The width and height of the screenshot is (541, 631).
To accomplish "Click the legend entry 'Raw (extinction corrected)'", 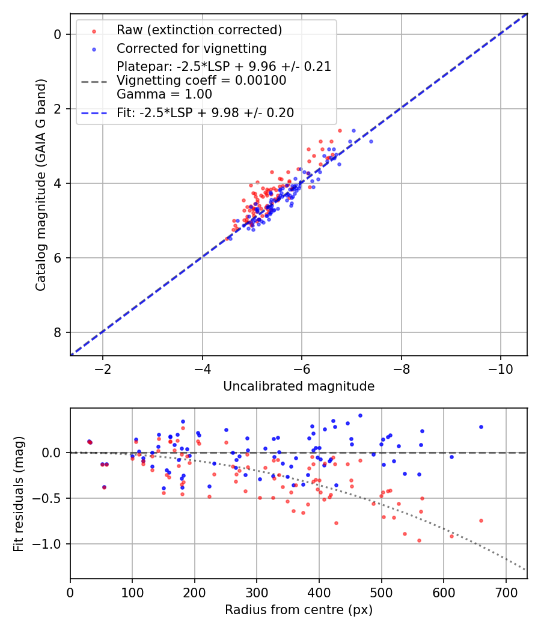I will [199, 30].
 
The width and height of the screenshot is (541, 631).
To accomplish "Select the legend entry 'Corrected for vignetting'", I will [192, 48].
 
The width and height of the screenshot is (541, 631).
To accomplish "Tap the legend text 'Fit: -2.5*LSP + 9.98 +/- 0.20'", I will [205, 113].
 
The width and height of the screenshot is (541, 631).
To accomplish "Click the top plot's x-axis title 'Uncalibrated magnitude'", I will [299, 386].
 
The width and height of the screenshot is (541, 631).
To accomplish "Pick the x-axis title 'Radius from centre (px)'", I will [299, 610].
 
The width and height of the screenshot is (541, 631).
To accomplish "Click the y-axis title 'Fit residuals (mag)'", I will [19, 493].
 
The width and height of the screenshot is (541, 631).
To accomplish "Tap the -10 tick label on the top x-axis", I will [500, 368].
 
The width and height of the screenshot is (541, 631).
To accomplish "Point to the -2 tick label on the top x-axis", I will [103, 368].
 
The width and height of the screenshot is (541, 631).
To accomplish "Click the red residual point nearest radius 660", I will [481, 520].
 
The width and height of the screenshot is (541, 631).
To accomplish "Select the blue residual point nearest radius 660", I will [481, 427].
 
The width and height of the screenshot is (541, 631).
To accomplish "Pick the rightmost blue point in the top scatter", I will [371, 141].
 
